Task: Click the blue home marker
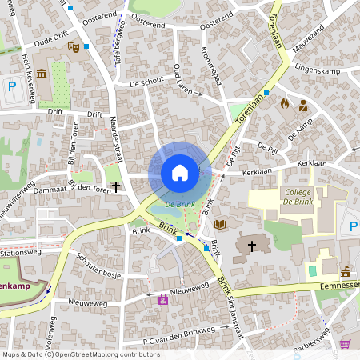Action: tap(180, 172)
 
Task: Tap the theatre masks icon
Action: tap(73, 47)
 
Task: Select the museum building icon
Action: tap(41, 74)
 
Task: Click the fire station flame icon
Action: tap(283, 103)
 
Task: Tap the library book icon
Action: tap(220, 226)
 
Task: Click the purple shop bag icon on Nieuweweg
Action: tap(163, 299)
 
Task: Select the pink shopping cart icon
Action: tap(345, 343)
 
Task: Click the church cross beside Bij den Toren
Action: tap(116, 186)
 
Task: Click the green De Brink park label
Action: tap(180, 205)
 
